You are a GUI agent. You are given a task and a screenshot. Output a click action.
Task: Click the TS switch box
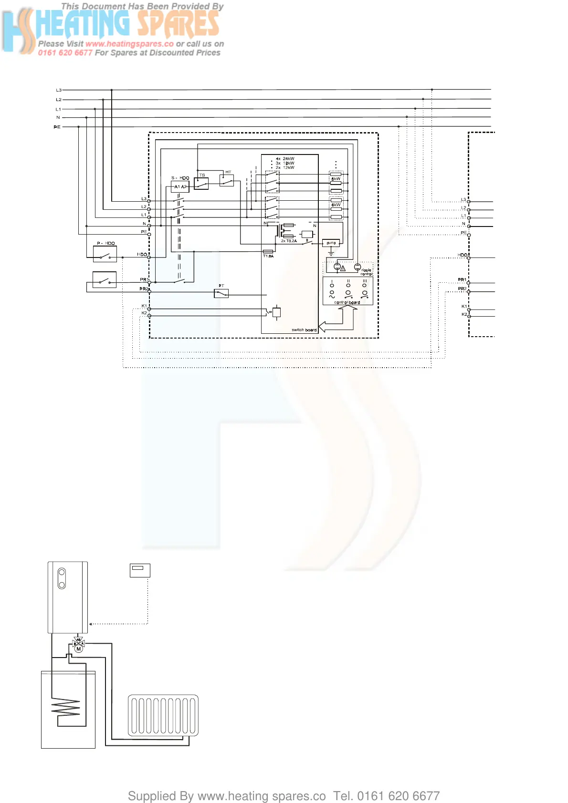[x=201, y=184]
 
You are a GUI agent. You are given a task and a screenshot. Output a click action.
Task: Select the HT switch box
[x=227, y=180]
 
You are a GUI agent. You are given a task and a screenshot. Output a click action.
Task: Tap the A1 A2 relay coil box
[x=180, y=186]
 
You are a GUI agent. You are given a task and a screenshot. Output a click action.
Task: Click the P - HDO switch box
[x=105, y=254]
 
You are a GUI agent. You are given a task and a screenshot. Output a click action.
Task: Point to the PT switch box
[x=221, y=293]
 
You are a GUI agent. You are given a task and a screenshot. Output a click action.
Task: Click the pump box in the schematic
[x=331, y=243]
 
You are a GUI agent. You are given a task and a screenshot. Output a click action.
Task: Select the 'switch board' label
[x=304, y=330]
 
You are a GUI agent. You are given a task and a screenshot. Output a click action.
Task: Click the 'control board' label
[x=347, y=302]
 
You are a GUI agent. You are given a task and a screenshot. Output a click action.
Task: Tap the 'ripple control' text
[x=366, y=272]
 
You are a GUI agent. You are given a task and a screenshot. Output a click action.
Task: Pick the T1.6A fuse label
[x=268, y=257]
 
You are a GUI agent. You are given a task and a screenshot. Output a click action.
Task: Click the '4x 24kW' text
[x=285, y=159]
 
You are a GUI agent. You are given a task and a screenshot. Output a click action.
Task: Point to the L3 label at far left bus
[x=59, y=90]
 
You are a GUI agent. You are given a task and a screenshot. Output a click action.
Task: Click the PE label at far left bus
[x=57, y=127]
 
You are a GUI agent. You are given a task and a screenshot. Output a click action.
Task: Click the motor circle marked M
[x=79, y=649]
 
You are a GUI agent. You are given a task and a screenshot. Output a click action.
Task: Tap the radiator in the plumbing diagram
[x=163, y=715]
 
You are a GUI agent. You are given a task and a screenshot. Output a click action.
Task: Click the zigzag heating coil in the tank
[x=66, y=708]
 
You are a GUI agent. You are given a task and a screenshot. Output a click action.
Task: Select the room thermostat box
[x=140, y=570]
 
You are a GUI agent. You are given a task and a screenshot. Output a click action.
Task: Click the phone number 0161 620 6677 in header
[x=65, y=53]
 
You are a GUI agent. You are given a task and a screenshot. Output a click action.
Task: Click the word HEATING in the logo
[x=82, y=24]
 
